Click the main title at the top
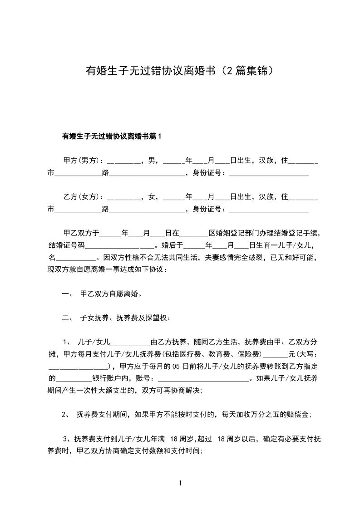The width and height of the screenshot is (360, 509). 180,71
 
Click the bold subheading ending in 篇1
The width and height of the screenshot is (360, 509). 112,136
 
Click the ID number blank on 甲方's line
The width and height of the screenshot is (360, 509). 268,173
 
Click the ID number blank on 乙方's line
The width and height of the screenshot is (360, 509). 268,210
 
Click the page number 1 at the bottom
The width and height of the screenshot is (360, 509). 180,483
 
